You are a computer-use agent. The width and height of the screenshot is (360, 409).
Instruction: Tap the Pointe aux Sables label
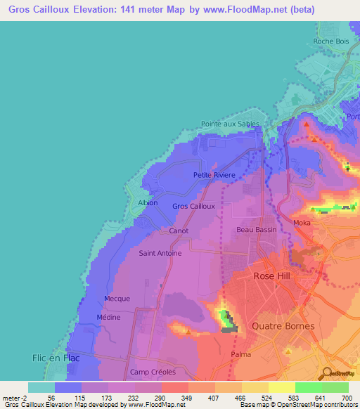[230, 124]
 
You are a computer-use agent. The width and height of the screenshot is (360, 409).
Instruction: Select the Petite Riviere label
[214, 174]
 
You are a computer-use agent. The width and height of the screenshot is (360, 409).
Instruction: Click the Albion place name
[148, 202]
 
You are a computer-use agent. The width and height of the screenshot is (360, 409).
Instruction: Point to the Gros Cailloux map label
[193, 206]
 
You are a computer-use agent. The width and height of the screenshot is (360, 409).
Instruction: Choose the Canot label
[179, 231]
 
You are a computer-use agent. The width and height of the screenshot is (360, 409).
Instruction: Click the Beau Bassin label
[256, 230]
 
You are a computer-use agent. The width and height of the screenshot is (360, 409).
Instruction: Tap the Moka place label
[302, 223]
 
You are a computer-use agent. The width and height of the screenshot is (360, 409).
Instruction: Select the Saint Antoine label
[160, 253]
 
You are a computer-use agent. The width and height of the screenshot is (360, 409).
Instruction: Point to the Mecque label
[117, 299]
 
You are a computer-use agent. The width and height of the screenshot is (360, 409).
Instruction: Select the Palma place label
[240, 354]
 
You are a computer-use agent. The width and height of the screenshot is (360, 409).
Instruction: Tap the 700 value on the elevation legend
[345, 397]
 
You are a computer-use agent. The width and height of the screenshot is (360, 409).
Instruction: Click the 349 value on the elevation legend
[185, 397]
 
